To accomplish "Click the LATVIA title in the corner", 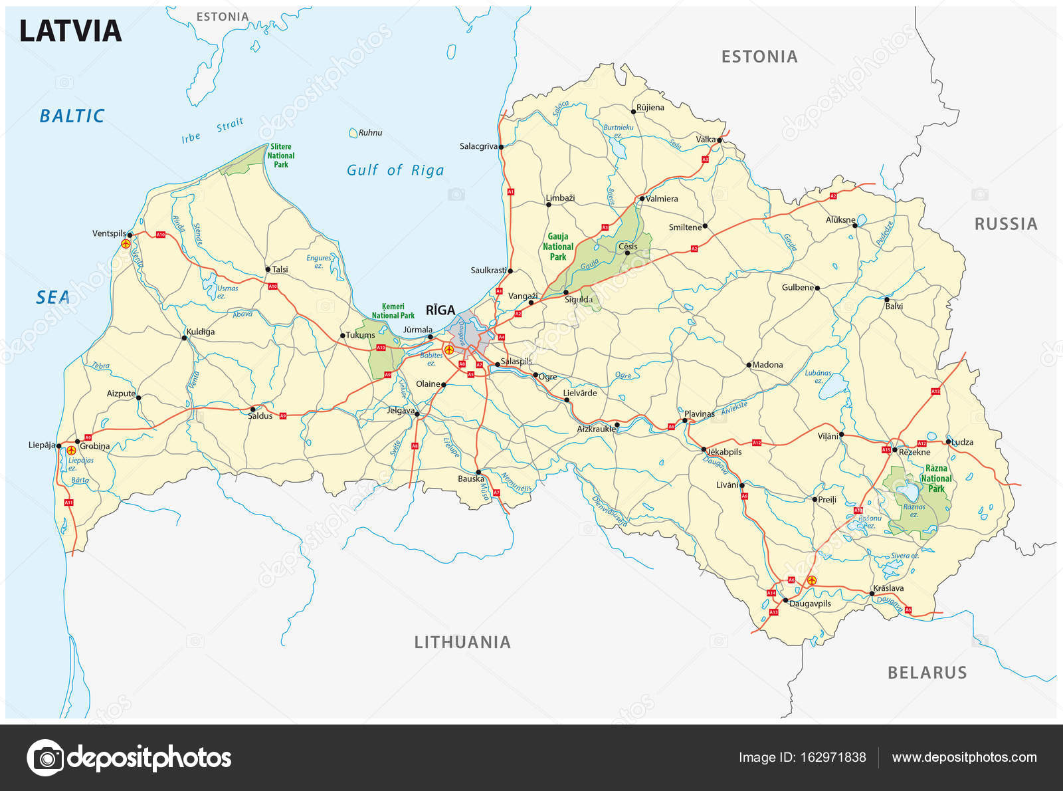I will (x=70, y=31).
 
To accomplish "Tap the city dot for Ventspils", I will (x=130, y=235).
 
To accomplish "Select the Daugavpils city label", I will (x=810, y=604).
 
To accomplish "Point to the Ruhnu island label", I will (x=370, y=133).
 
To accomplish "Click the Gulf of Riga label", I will (x=395, y=170).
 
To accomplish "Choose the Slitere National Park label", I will (x=280, y=156).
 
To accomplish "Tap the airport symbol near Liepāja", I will (x=71, y=451).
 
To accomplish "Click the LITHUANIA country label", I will (x=462, y=642).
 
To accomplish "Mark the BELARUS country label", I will (x=927, y=673).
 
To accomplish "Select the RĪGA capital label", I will (x=440, y=310).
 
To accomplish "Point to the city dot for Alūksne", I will (x=855, y=225).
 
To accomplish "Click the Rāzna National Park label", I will (x=936, y=479).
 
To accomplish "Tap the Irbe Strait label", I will (x=212, y=131).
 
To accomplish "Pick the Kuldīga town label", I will (x=201, y=332).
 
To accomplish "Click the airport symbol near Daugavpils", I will (x=811, y=581).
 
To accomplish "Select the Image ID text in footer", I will (x=802, y=757).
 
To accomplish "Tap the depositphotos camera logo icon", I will (x=45, y=758).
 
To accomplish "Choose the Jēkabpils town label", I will (x=724, y=451).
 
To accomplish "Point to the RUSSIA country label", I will (x=1005, y=224).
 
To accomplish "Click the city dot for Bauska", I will (x=478, y=472).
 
